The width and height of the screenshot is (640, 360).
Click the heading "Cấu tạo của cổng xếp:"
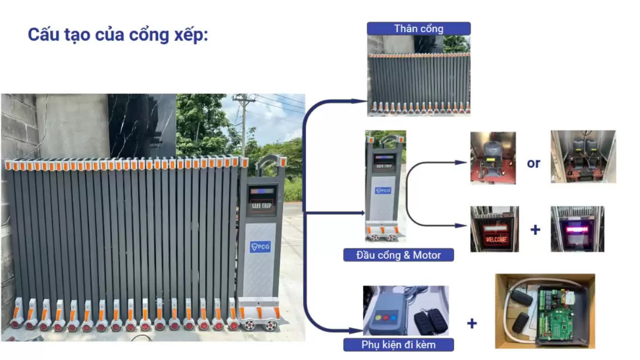(118, 35)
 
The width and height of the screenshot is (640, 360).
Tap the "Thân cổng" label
(418, 29)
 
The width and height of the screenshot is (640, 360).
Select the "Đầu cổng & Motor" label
(398, 255)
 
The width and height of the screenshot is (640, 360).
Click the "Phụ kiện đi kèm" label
(398, 345)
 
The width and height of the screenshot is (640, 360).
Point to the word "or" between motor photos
(533, 163)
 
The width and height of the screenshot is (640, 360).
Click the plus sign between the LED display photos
(535, 230)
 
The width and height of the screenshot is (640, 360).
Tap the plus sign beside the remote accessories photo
(472, 323)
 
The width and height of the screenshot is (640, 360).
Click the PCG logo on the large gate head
(260, 247)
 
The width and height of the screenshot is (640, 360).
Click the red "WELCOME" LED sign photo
(494, 229)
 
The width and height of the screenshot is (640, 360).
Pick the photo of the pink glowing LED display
(577, 229)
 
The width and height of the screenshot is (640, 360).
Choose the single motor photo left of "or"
(493, 157)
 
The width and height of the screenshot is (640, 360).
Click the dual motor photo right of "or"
(583, 157)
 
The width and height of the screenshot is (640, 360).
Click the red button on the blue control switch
(386, 317)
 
